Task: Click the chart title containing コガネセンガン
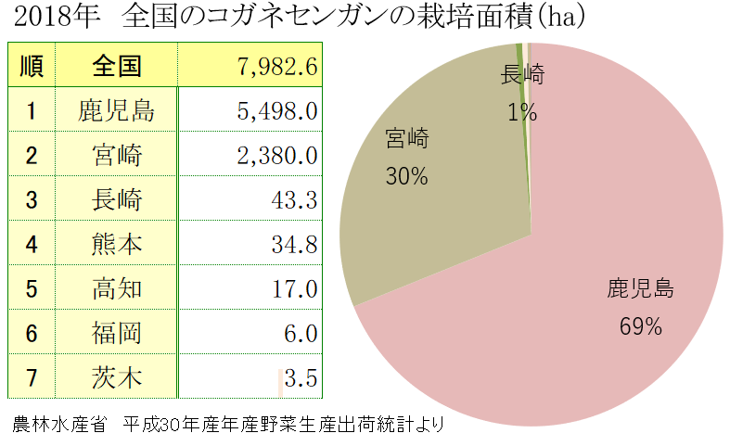pyautogui.click(x=298, y=18)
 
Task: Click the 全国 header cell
pyautogui.click(x=116, y=66)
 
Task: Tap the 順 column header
pyautogui.click(x=31, y=66)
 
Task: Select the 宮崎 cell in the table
pyautogui.click(x=116, y=155)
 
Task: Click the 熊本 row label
pyautogui.click(x=116, y=244)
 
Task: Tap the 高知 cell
pyautogui.click(x=116, y=288)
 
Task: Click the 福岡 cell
pyautogui.click(x=116, y=333)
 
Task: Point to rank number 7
pyautogui.click(x=31, y=377)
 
